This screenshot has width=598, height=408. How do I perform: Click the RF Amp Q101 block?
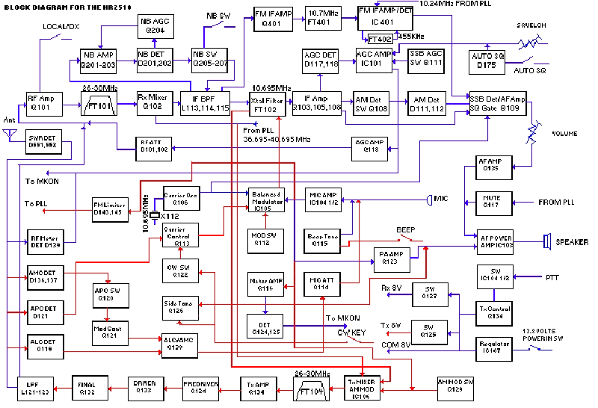[x=40, y=102]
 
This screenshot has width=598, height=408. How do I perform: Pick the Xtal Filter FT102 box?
[x=268, y=102]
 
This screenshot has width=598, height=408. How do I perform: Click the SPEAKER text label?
[x=572, y=242]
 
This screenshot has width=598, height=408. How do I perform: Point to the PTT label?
[x=552, y=276]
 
